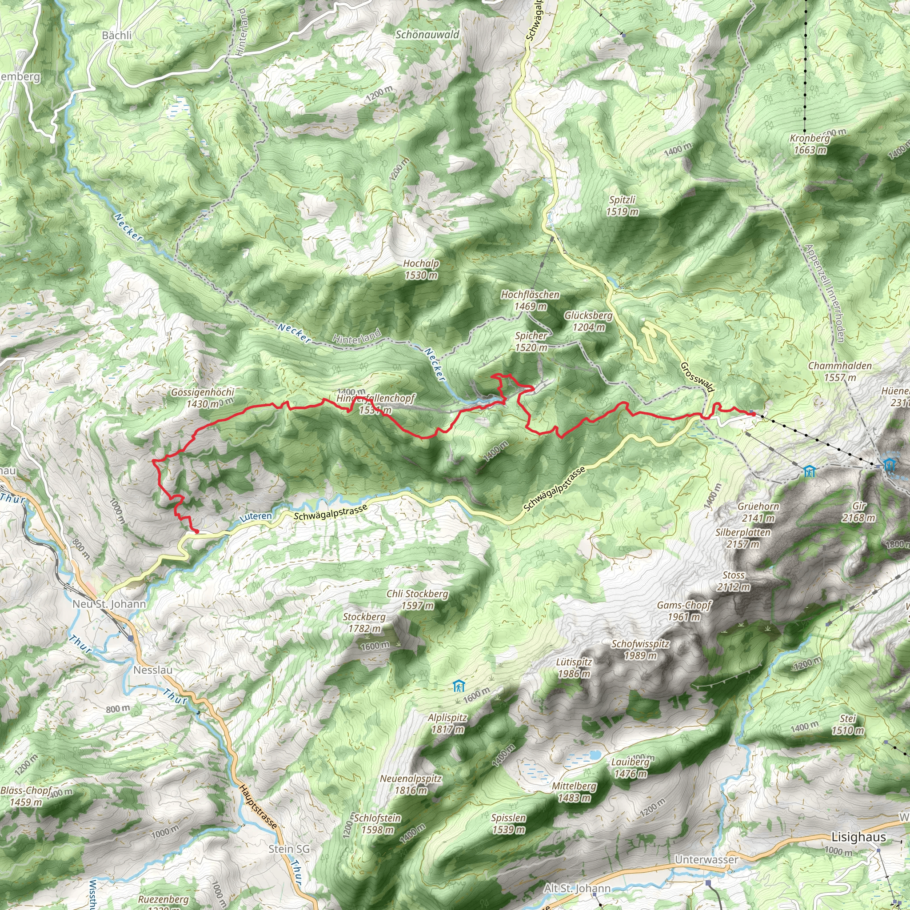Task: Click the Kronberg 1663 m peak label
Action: (x=810, y=144)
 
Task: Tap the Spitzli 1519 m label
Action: (x=622, y=205)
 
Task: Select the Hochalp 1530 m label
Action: (x=421, y=269)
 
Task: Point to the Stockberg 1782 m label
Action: (x=364, y=622)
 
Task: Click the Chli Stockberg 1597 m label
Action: (x=417, y=599)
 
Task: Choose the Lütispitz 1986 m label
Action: (x=574, y=667)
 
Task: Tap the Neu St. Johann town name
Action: (x=109, y=604)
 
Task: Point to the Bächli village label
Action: (x=117, y=36)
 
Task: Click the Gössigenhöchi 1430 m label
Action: (x=203, y=398)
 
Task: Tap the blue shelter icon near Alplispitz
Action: (x=458, y=686)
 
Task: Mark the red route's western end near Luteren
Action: (x=197, y=531)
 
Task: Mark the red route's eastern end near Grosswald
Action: (x=753, y=414)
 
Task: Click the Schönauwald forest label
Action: (x=427, y=34)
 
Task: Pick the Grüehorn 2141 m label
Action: (x=758, y=512)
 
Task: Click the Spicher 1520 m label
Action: (x=531, y=342)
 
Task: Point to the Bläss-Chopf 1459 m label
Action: (x=26, y=796)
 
